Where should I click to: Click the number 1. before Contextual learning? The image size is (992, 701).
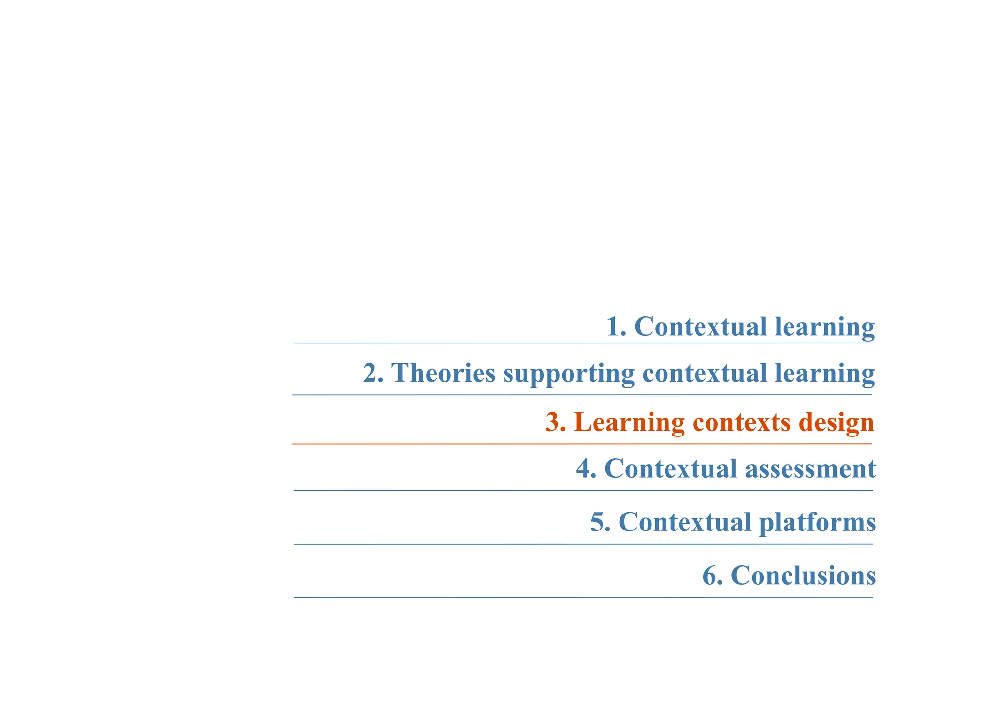pos(617,327)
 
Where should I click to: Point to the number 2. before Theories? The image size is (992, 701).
pos(373,374)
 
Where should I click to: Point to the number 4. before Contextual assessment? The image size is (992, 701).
pos(586,469)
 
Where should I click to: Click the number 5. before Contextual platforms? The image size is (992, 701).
pos(600,522)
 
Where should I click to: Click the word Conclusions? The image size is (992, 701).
pos(803,576)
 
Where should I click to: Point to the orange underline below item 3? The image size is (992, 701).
pos(581,444)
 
